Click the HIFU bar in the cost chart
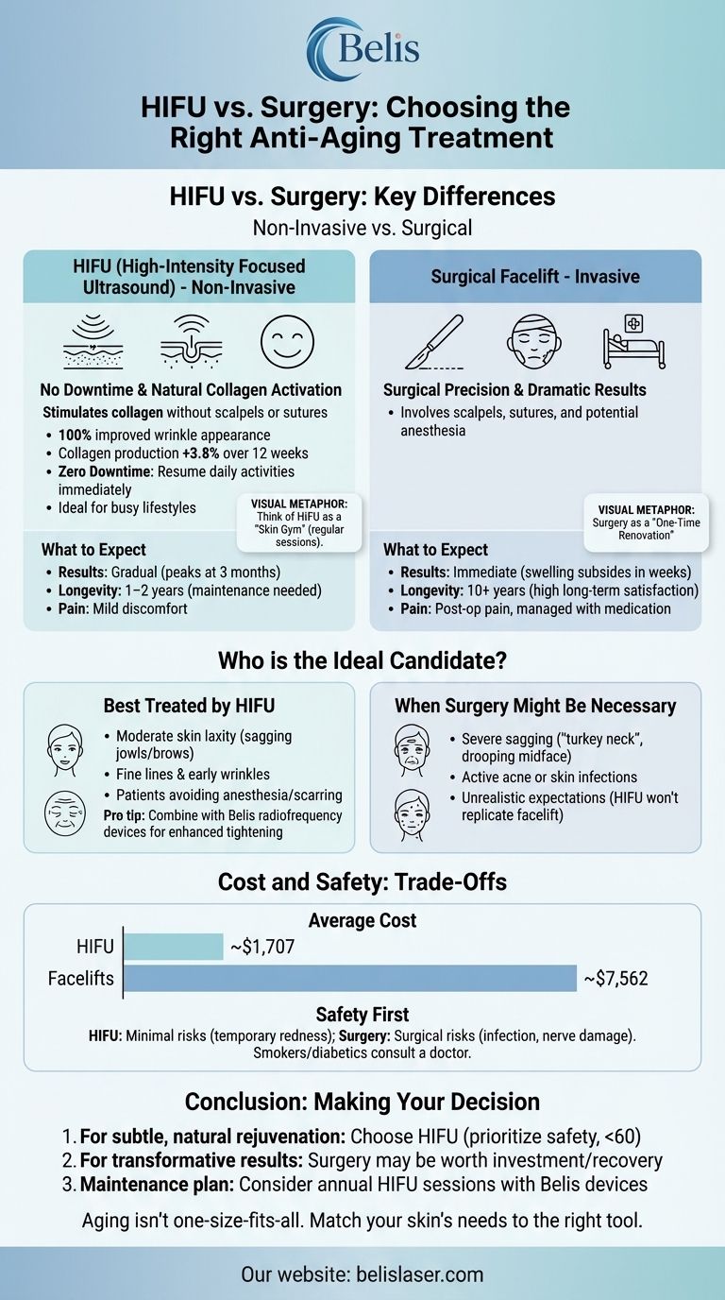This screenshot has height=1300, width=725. pyautogui.click(x=174, y=946)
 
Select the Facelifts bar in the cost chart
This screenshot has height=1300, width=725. pyautogui.click(x=350, y=978)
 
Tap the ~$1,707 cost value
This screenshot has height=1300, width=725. pyautogui.click(x=263, y=947)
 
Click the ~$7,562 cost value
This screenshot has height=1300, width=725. pyautogui.click(x=615, y=979)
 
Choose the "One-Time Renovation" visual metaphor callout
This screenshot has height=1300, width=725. pyautogui.click(x=646, y=522)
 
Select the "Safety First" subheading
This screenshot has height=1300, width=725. pyautogui.click(x=362, y=1015)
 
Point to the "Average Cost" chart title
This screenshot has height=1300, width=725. pyautogui.click(x=362, y=919)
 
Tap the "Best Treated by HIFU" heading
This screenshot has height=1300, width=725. pyautogui.click(x=189, y=706)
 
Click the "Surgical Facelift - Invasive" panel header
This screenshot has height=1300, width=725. pyautogui.click(x=535, y=277)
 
